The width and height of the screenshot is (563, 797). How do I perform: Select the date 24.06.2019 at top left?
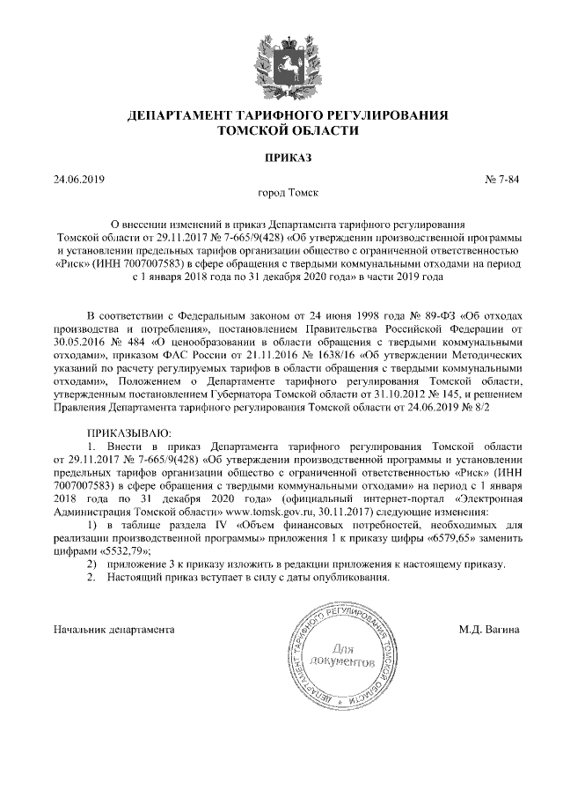coord(79,181)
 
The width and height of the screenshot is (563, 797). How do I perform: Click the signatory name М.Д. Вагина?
coord(488,630)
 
